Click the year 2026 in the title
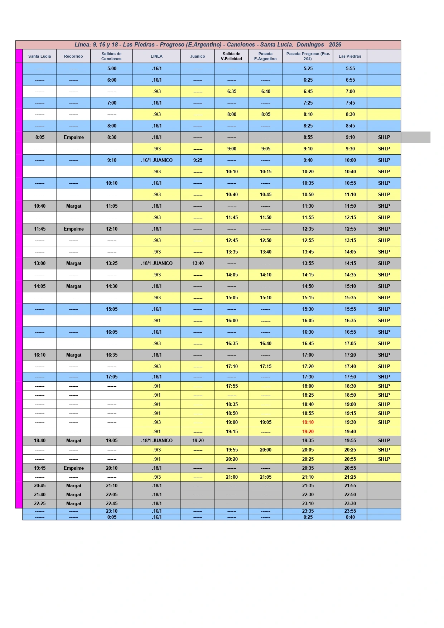[335, 45]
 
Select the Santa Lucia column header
[39, 56]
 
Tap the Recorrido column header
[73, 56]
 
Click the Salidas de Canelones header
[111, 56]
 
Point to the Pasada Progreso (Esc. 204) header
[308, 56]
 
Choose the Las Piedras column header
[350, 56]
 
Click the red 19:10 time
[308, 422]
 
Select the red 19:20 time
[308, 431]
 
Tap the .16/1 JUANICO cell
[157, 160]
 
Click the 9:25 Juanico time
[198, 160]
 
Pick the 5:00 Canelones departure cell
[112, 69]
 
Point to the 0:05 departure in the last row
[112, 517]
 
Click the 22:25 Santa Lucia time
[40, 504]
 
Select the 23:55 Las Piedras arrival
[350, 511]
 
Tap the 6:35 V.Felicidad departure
[232, 92]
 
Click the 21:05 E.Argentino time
[266, 477]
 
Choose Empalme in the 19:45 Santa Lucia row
[74, 468]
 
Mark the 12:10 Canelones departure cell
[112, 229]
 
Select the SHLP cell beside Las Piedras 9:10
[384, 137]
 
